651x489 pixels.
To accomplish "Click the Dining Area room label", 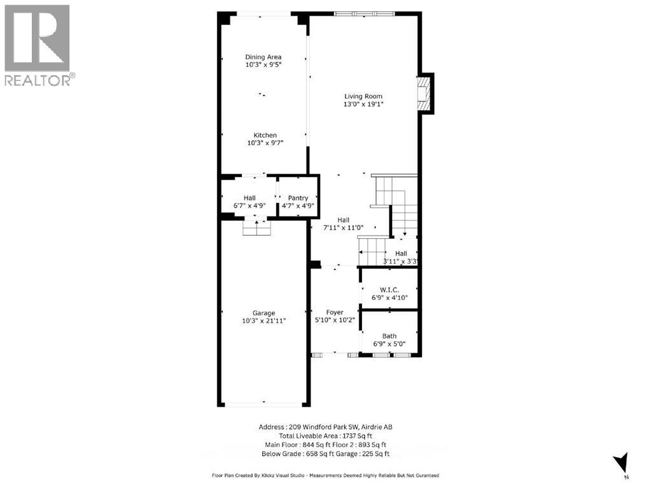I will (263, 57).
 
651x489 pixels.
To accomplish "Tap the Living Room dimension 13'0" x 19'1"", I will (364, 104).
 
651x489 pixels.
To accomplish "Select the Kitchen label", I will (265, 135).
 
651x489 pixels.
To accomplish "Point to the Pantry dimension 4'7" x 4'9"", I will (298, 206).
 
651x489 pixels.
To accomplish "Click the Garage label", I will (263, 313).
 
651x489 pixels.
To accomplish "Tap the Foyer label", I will (335, 312).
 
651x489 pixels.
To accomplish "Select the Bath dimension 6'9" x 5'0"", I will (389, 344).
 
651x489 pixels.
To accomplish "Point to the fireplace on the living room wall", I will (424, 94).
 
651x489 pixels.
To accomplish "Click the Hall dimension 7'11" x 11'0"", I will (344, 228).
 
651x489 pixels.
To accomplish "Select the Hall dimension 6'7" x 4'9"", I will (249, 206).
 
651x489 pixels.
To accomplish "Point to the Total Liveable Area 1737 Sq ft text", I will (325, 436).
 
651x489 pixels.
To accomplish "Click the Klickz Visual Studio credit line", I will (325, 475).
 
